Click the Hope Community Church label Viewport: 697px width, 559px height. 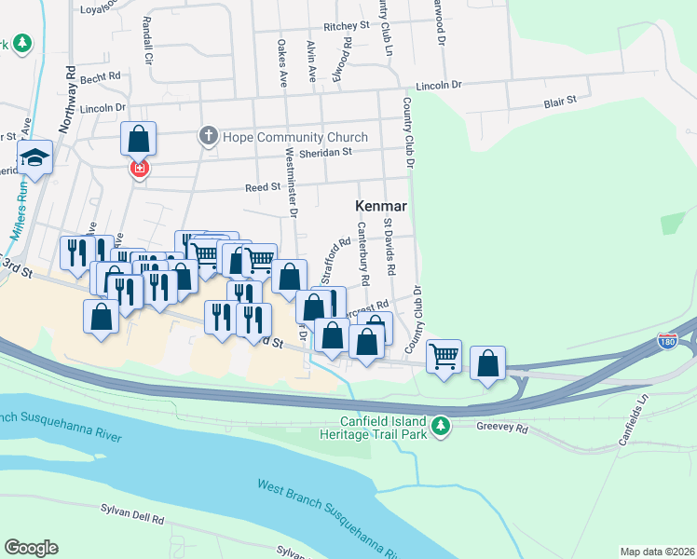tap(289, 136)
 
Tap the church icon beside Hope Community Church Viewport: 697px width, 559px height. tap(209, 136)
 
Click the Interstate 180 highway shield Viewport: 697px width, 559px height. tap(666, 341)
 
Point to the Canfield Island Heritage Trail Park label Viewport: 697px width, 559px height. tap(389, 426)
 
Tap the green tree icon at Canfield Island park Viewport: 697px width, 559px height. tap(445, 426)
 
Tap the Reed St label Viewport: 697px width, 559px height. tap(263, 187)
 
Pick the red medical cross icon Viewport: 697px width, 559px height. tap(140, 170)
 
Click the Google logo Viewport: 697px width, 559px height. tap(31, 548)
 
